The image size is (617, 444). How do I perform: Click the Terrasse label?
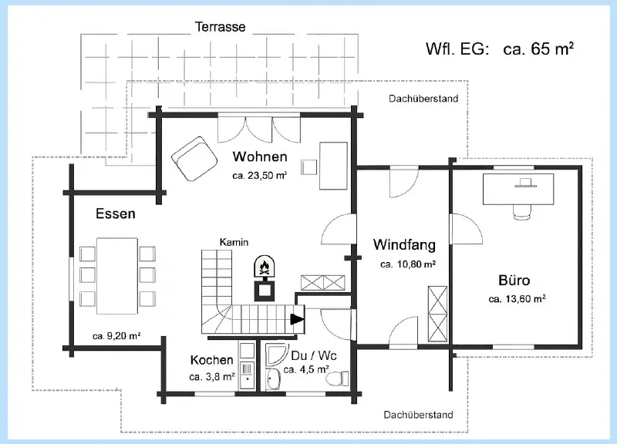click(x=220, y=27)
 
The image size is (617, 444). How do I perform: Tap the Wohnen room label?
click(x=260, y=157)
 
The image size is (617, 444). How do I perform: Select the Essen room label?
click(x=116, y=214)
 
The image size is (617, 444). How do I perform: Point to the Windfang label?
click(x=404, y=245)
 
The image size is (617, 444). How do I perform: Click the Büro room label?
click(x=514, y=280)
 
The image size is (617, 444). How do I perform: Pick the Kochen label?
click(x=211, y=360)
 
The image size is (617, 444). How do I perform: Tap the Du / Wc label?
click(x=314, y=356)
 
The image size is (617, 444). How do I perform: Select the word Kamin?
click(x=234, y=242)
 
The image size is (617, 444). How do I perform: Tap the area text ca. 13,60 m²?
click(x=518, y=299)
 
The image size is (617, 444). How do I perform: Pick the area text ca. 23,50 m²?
click(x=260, y=176)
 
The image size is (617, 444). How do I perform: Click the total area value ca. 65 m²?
click(x=537, y=49)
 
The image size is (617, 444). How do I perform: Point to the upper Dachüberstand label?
click(x=423, y=99)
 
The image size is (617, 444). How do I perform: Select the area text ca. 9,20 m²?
click(x=116, y=336)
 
